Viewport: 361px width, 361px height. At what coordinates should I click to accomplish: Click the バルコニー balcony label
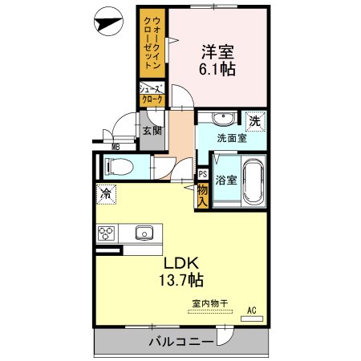[x=180, y=343]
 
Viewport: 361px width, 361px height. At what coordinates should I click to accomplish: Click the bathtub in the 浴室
[x=252, y=183]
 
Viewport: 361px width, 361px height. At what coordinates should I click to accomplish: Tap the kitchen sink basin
[x=144, y=233]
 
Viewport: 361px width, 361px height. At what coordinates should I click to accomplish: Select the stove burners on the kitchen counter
[x=106, y=233]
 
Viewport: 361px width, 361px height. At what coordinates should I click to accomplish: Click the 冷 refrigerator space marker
[x=105, y=193]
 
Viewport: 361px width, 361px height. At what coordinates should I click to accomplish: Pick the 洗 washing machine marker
[x=254, y=121]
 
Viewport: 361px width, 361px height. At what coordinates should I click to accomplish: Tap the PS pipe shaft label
[x=203, y=173]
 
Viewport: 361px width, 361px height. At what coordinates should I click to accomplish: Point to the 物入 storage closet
[x=203, y=195]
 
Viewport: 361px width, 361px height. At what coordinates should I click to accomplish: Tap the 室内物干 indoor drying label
[x=209, y=303]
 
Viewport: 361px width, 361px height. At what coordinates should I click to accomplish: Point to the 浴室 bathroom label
[x=226, y=180]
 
